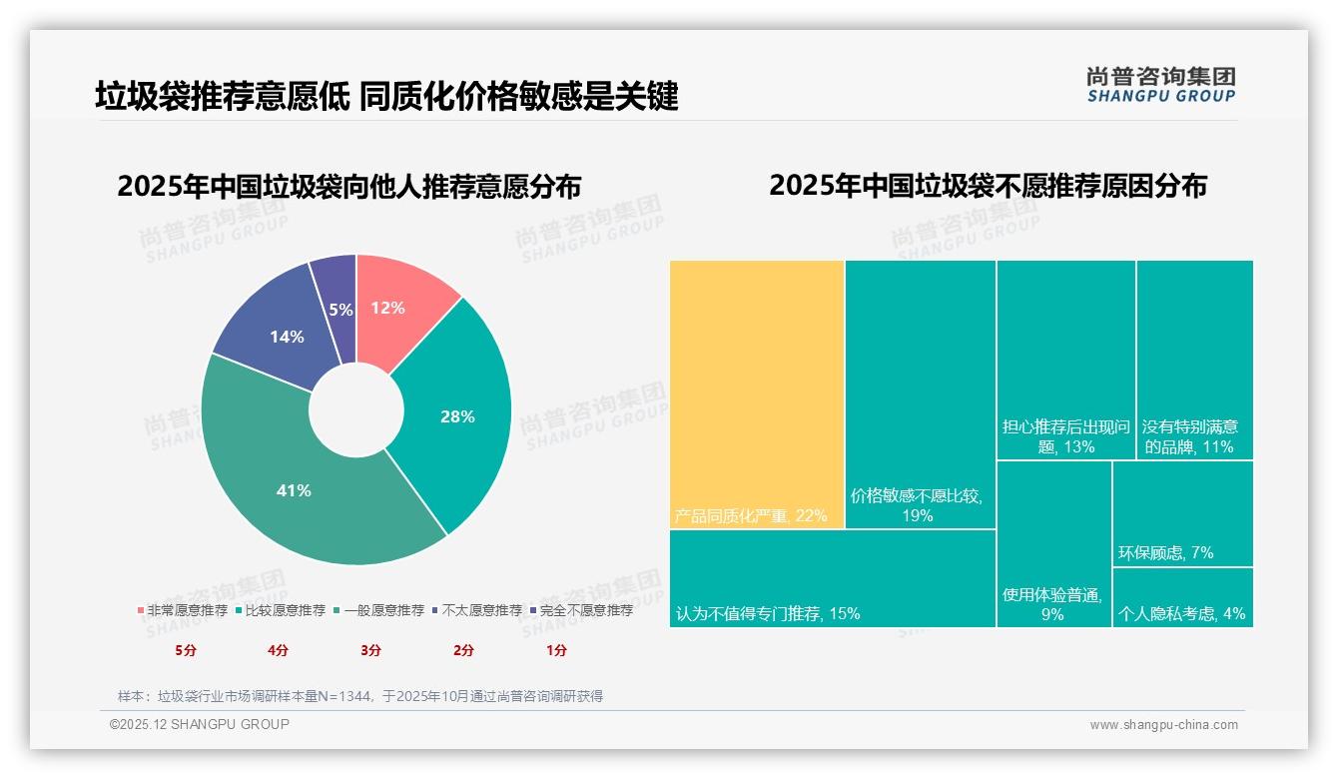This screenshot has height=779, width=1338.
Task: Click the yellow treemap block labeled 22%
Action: pos(757,394)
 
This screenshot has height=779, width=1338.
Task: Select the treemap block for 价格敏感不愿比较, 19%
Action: pos(920,394)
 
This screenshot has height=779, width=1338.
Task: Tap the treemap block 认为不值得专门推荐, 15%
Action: pos(832,578)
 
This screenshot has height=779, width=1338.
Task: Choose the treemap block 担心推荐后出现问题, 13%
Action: pos(1065,360)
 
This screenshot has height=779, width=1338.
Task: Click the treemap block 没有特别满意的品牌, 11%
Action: pos(1194,360)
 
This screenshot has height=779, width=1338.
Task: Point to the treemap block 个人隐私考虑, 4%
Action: pos(1182,598)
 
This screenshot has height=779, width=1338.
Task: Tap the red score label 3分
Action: pos(370,650)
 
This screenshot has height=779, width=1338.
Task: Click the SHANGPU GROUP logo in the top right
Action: pos(1160,85)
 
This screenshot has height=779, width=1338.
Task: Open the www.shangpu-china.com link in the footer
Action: pos(1163,725)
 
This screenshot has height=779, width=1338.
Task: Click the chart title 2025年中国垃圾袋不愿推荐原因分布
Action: pos(988,186)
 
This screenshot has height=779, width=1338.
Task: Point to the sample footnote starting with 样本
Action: pos(360,696)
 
